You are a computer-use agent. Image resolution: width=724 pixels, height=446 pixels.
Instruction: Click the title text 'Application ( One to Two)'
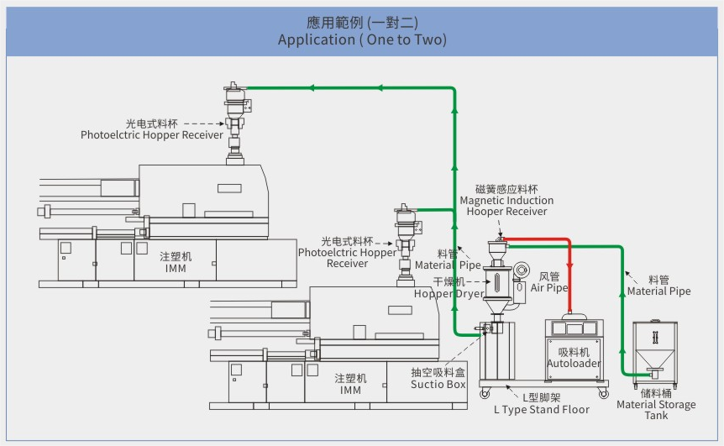pyautogui.click(x=362, y=39)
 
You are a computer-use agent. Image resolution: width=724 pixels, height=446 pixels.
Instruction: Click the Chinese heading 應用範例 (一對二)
pyautogui.click(x=362, y=23)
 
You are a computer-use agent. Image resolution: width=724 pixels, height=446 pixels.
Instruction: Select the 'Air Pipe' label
pyautogui.click(x=549, y=287)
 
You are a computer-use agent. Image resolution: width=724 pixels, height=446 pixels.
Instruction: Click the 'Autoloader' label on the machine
pyautogui.click(x=574, y=364)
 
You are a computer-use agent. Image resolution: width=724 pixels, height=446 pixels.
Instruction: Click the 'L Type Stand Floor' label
pyautogui.click(x=541, y=409)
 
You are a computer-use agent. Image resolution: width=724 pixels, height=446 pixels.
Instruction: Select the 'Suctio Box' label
pyautogui.click(x=438, y=384)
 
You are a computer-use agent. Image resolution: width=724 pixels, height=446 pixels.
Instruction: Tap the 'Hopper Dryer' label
pyautogui.click(x=449, y=293)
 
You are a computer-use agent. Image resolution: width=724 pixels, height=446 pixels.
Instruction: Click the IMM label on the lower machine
pyautogui.click(x=350, y=390)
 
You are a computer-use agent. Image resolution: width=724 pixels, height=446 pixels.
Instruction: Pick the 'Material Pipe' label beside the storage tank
pyautogui.click(x=658, y=291)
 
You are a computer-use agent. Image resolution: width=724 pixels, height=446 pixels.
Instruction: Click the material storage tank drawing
pyautogui.click(x=655, y=349)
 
